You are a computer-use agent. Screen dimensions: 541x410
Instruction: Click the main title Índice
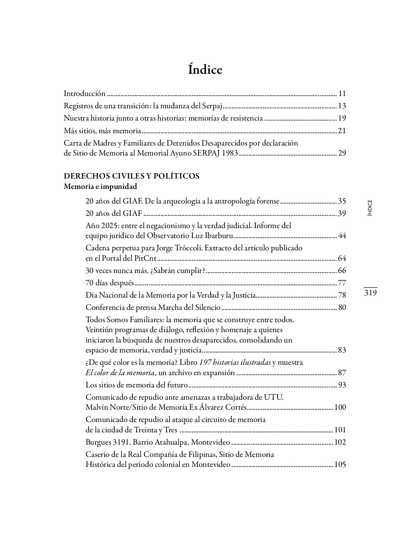(205, 69)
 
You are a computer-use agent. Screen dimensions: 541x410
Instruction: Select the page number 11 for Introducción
(342, 93)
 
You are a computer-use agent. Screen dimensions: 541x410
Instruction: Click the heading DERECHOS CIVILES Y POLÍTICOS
(132, 176)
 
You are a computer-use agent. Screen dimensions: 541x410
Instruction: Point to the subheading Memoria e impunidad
(100, 187)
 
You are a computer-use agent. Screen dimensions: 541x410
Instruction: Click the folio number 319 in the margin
(370, 293)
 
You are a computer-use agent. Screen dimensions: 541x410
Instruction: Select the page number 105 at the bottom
(340, 465)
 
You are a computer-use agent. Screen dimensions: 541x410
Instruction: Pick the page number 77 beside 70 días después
(342, 283)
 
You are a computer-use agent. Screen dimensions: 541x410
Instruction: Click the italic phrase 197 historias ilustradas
(235, 362)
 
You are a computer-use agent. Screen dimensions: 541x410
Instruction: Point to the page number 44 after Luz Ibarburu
(342, 235)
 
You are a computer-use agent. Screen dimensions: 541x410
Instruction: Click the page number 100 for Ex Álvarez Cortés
(340, 407)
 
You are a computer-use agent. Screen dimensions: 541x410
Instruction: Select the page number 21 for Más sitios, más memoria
(342, 131)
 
